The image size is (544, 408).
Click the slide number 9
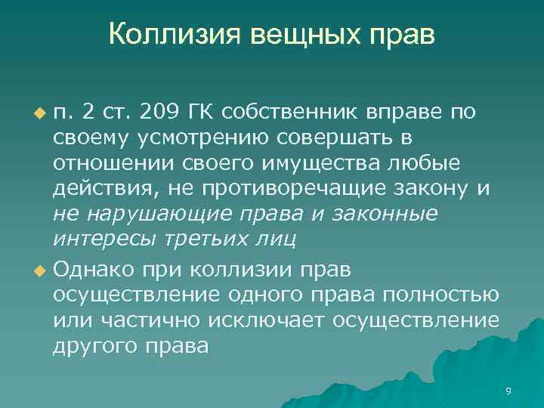click(508, 391)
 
